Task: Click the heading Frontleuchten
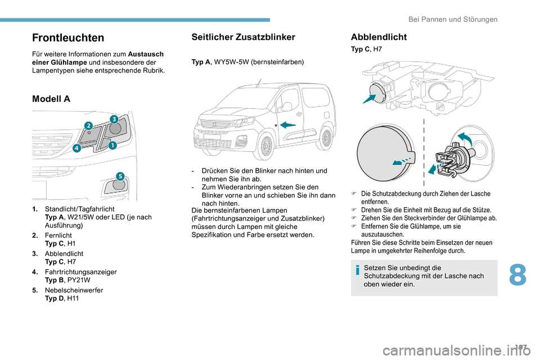[x=68, y=38]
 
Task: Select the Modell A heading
[x=51, y=98]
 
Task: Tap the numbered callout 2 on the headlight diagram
[x=88, y=124]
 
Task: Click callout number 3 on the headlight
[x=113, y=119]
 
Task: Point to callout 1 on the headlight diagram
[x=112, y=145]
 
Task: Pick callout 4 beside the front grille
[x=76, y=148]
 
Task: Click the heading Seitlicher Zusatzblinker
[x=243, y=37]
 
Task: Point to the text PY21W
[x=79, y=280]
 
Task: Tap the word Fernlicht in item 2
[x=58, y=236]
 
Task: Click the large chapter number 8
[x=519, y=276]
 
